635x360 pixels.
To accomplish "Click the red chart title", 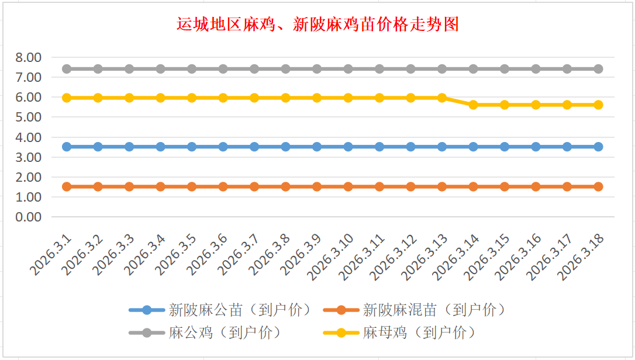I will coord(317,25).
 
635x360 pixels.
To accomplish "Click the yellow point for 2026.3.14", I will coord(474,105).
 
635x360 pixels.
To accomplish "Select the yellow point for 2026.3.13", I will coord(442,98).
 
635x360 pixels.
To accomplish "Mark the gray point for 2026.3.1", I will coord(67,69).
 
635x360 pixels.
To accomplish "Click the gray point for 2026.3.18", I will coord(598,69).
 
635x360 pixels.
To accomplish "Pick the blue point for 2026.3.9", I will coord(317,147).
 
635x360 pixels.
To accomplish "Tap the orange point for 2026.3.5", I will coord(192,186).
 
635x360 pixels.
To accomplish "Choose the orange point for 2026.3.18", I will coord(598,186).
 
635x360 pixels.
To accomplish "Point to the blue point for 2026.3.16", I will coord(536,147).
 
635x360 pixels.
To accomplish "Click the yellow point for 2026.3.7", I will coord(254,98).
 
